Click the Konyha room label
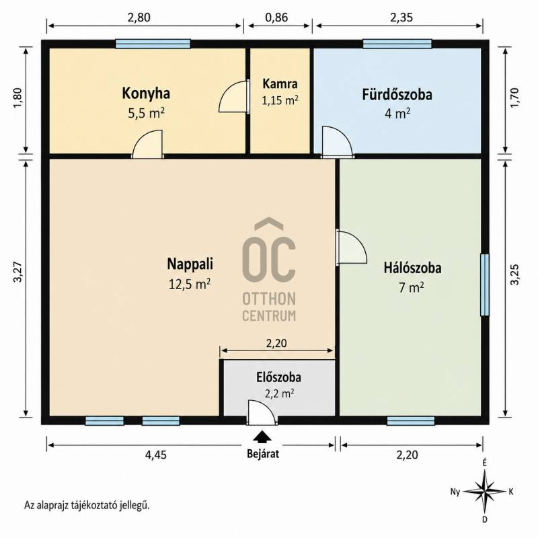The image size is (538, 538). coord(146,93)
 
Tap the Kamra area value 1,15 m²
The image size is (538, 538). coord(280,100)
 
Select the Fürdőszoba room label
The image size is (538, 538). coord(397,95)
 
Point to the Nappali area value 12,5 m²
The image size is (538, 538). coord(190,284)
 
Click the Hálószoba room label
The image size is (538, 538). coord(412,268)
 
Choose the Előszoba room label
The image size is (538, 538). coord(278,377)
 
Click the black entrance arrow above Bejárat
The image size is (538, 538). coord(262,436)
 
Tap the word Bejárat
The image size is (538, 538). coord(263,453)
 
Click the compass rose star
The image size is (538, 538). coord(484,491)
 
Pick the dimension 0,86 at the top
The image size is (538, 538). coord(276,17)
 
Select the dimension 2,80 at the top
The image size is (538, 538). coord(139,17)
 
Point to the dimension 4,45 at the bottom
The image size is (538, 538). coord(156,455)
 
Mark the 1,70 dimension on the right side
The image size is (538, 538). coord(514,98)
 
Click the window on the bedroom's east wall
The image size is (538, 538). coord(484,284)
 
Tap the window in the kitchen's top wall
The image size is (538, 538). coord(153,44)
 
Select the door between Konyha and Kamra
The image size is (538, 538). coord(234,96)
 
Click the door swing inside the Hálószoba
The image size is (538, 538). coord(351,247)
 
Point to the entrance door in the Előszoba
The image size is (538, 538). coord(262,412)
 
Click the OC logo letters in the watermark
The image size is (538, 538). coord(269,249)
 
